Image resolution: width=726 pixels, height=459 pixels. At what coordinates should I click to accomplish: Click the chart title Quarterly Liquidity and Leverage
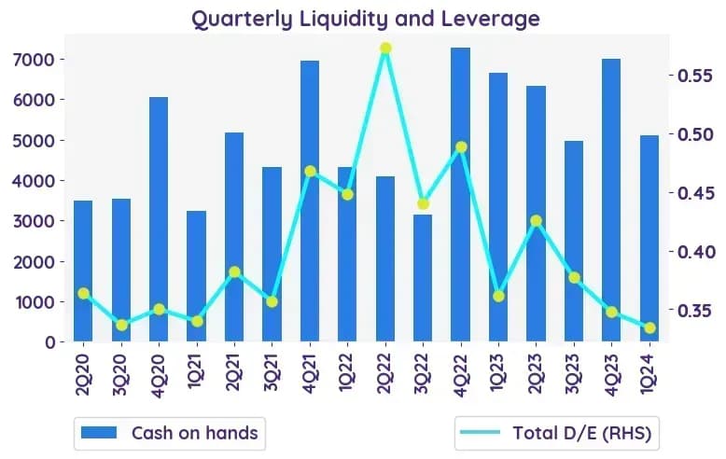click(x=366, y=20)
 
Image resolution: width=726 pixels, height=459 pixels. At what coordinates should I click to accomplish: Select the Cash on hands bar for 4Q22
click(x=461, y=194)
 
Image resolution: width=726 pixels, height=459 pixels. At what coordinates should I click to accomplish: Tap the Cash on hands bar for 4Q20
click(x=159, y=219)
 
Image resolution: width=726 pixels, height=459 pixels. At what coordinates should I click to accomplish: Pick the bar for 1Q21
click(x=196, y=276)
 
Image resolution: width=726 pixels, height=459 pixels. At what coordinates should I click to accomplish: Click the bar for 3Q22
click(x=423, y=278)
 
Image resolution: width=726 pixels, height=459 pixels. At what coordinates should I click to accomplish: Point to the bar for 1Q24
click(x=649, y=238)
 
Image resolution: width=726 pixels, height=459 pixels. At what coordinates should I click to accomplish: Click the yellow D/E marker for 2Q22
click(x=385, y=49)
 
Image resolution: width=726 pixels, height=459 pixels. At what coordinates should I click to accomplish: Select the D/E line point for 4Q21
click(x=310, y=172)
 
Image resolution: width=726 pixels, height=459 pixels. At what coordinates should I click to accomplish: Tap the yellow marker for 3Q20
click(x=121, y=326)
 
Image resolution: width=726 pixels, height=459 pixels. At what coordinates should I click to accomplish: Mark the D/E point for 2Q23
click(x=537, y=221)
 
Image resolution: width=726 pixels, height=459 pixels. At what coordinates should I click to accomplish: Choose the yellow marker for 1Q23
click(x=498, y=297)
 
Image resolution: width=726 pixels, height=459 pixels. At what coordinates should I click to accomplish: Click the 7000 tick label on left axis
click(x=34, y=60)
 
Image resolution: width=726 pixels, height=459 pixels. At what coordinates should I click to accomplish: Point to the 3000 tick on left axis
click(x=34, y=221)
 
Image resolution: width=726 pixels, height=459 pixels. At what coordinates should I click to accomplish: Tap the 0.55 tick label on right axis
click(x=695, y=76)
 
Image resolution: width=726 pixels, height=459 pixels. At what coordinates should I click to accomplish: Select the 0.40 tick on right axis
click(x=695, y=252)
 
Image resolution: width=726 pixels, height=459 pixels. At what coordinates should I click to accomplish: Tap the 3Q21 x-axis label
click(x=272, y=372)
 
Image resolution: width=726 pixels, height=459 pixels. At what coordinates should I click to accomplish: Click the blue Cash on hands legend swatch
click(x=99, y=433)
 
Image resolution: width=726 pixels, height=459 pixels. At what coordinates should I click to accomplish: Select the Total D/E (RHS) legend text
click(x=582, y=433)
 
